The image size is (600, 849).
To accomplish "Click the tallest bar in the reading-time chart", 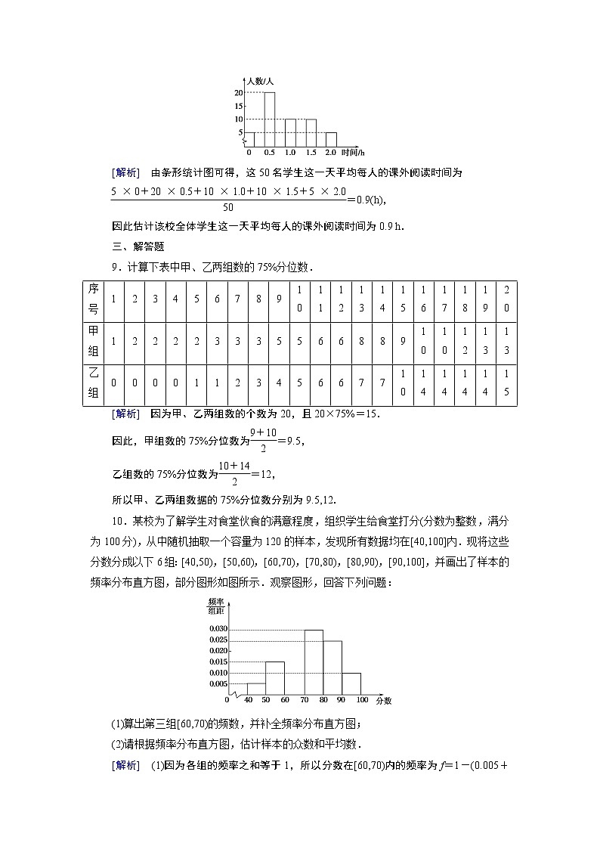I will coord(269,119).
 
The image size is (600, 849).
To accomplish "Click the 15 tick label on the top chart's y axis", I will coord(238,106).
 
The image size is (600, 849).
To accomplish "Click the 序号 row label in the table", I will coord(94,299).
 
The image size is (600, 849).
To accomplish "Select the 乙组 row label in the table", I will coord(94,383).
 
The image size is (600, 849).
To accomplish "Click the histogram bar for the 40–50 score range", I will coord(256,689).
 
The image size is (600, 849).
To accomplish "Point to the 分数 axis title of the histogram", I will coord(384,701).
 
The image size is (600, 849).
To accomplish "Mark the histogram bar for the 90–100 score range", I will coord(351,683).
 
